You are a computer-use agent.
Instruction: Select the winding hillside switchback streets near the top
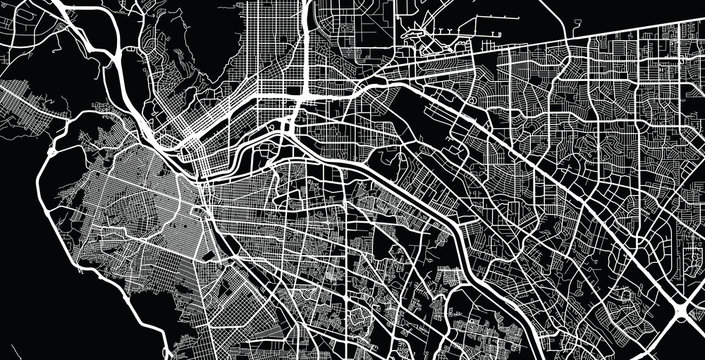(190, 40)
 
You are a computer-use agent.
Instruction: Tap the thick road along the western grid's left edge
(40, 200)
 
